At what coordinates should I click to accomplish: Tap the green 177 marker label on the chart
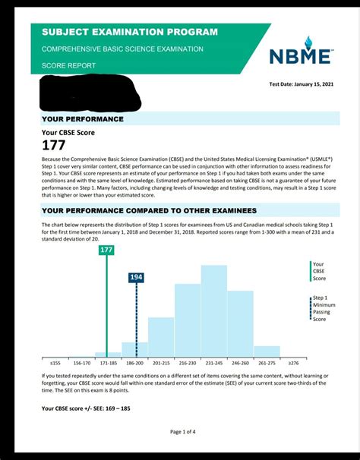106,250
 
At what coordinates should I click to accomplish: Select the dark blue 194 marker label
136,278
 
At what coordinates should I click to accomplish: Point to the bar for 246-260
241,323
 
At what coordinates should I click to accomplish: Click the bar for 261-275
267,351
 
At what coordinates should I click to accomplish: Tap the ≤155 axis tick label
55,364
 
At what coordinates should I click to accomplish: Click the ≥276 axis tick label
293,364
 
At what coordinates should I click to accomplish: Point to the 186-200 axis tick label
134,364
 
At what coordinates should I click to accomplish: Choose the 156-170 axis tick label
81,364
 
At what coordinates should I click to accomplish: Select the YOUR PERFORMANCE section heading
83,119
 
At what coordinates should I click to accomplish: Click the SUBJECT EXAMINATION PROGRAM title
129,32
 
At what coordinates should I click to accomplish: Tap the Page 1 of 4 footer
182,432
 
